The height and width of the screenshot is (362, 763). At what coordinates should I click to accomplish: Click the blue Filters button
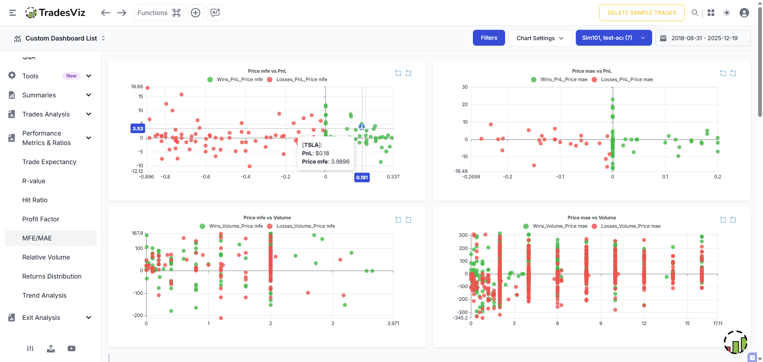coord(489,38)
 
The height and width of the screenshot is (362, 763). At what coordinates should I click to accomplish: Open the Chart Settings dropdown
coord(540,38)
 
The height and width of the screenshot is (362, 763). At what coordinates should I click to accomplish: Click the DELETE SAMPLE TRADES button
coord(641,13)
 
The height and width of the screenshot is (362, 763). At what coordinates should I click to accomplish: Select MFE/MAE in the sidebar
coord(37,238)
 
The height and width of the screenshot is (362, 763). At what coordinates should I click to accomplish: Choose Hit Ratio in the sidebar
coord(35,200)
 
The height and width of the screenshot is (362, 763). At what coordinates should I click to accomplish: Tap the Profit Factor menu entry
coord(41,219)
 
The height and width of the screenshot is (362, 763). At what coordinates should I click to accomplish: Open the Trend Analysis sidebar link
coord(44,295)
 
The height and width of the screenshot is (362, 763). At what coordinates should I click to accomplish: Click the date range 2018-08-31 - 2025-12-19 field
coord(704,38)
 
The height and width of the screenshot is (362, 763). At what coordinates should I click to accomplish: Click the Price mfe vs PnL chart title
coord(267,71)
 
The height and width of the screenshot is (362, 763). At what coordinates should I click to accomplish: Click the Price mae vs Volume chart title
coord(591,218)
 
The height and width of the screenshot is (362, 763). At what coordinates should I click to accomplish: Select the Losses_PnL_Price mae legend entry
coord(626,79)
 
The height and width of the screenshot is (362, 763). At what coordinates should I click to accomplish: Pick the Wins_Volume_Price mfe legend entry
coord(236,226)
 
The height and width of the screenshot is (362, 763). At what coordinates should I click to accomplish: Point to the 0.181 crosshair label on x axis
coord(362,178)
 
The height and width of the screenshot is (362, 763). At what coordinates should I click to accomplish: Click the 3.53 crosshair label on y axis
coord(137,128)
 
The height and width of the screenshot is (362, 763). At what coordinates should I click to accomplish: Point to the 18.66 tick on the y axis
coord(137,87)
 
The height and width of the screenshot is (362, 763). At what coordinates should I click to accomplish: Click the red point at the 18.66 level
coord(147,88)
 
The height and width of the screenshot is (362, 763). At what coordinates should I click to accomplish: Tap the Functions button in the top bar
coord(159,13)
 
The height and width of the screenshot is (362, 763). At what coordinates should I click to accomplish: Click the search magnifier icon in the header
coord(695,13)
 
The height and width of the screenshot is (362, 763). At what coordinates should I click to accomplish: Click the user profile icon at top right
coord(744,13)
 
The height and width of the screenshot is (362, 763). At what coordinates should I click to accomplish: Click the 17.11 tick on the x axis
coord(717,323)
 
